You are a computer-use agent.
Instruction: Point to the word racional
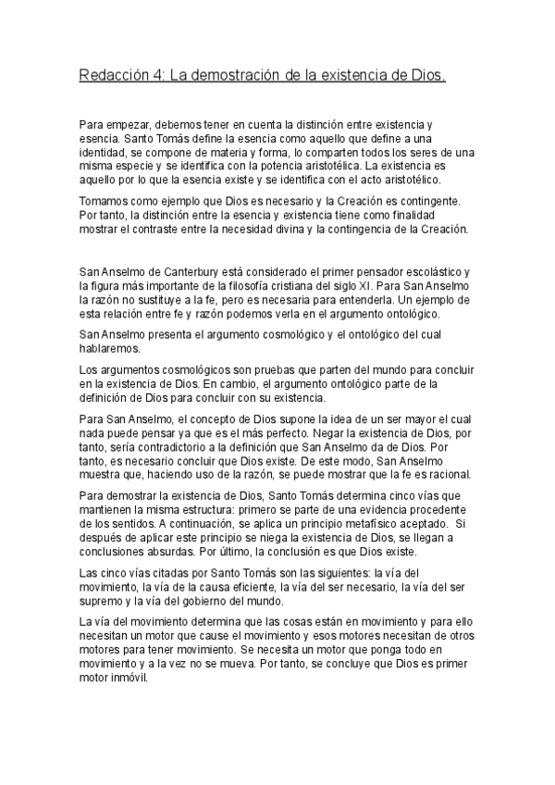pyautogui.click(x=451, y=476)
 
